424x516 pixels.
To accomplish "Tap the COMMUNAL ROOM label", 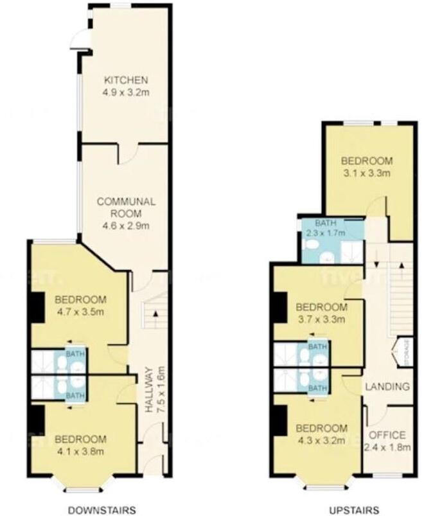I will (126, 202).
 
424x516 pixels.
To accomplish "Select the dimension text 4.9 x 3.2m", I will (126, 93).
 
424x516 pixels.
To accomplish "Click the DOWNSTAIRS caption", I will (102, 510).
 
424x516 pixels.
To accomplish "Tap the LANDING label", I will (387, 387).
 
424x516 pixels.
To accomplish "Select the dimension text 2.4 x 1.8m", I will (387, 448).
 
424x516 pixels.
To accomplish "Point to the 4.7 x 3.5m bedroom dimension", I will (80, 312).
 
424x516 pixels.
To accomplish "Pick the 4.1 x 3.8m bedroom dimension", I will (80, 451).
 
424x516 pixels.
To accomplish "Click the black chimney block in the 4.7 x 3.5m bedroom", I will (36, 304).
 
